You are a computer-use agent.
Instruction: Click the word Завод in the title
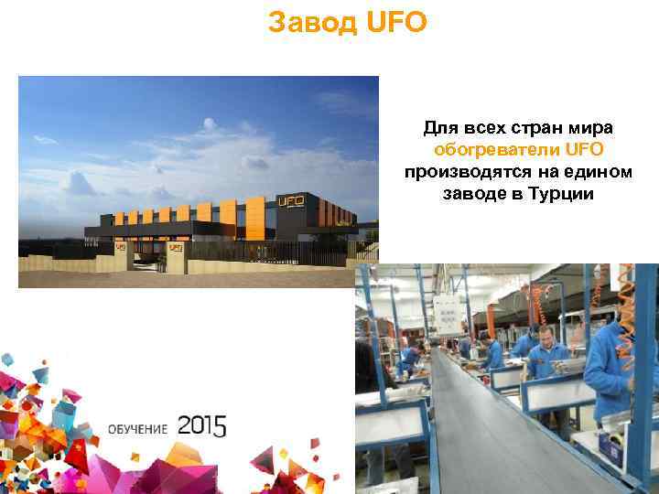pyautogui.click(x=311, y=22)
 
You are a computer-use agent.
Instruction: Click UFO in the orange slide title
pyautogui.click(x=395, y=22)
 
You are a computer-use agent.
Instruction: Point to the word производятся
pyautogui.click(x=459, y=172)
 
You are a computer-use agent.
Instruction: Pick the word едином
pyautogui.click(x=592, y=172)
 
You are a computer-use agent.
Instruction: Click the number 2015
pyautogui.click(x=201, y=425)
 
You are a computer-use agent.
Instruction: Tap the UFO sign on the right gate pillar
pyautogui.click(x=174, y=247)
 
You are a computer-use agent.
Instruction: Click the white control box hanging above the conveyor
pyautogui.click(x=448, y=313)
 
